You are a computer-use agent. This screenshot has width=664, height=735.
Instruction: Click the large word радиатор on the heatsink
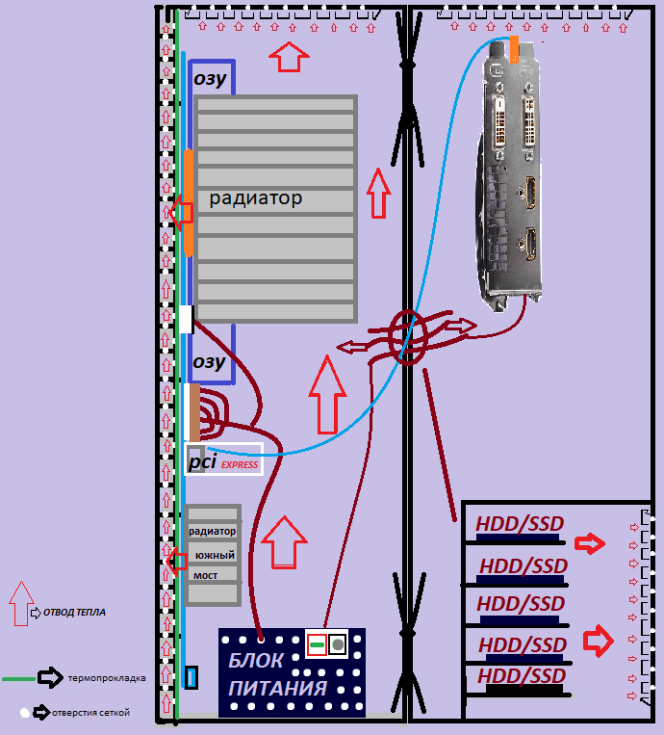[256, 198]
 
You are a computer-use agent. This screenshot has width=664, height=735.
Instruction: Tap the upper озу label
[210, 79]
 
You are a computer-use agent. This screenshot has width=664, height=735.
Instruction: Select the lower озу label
[209, 362]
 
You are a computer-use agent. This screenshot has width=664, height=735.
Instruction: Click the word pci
[203, 462]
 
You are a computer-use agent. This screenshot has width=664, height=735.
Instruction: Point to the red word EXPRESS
[240, 465]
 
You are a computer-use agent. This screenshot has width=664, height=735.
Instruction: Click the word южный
[213, 556]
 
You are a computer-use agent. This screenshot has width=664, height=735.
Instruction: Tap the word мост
[205, 575]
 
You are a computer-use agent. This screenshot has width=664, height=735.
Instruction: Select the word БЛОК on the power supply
[256, 661]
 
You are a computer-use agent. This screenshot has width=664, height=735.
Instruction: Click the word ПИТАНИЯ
[277, 689]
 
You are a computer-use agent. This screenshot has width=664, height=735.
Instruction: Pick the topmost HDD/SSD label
[520, 526]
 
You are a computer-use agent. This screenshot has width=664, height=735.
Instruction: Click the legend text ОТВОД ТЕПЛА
[74, 612]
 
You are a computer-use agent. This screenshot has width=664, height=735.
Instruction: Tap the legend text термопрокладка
[106, 678]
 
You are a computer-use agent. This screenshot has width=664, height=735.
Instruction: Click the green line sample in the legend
[18, 678]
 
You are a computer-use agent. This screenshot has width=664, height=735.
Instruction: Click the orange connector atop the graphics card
[516, 48]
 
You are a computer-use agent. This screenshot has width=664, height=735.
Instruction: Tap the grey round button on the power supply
[337, 644]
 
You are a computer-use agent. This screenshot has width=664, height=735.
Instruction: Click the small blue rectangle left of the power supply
[191, 677]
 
